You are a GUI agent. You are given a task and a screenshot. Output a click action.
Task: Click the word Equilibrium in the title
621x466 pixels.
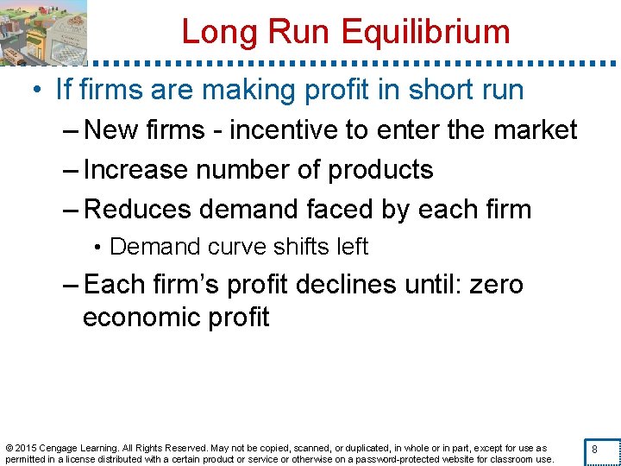click(x=426, y=32)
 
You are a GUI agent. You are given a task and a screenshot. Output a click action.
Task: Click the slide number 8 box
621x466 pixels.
click(x=594, y=449)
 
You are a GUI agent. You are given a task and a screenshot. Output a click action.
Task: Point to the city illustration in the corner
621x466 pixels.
click(x=43, y=32)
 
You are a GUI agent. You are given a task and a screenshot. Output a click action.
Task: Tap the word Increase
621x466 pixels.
click(x=137, y=169)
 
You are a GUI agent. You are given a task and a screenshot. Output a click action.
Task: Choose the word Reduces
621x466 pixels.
click(x=137, y=209)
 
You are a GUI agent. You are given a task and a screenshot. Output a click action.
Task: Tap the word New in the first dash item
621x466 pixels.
click(x=107, y=129)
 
